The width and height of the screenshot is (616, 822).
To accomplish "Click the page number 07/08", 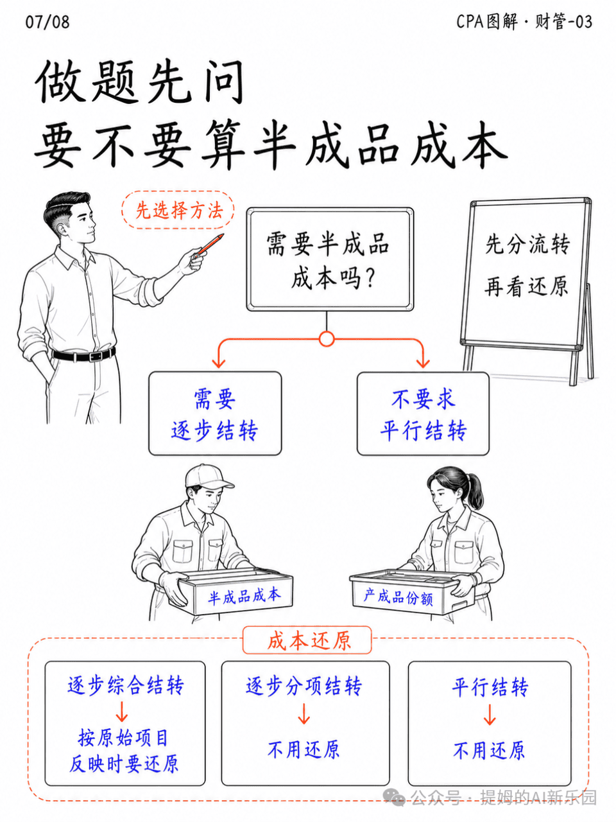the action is [47, 22].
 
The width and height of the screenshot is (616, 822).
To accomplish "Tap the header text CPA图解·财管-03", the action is [524, 21].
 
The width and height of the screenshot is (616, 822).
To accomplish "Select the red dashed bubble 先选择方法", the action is [178, 210].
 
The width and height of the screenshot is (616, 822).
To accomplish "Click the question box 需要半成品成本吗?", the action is [330, 259].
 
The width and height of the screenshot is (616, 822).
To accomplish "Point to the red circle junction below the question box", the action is [327, 339].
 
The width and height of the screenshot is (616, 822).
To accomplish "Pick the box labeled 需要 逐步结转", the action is [215, 413].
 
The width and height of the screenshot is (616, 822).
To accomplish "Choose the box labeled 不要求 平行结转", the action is [423, 413].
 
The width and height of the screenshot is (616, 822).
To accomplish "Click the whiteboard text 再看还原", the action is [527, 286].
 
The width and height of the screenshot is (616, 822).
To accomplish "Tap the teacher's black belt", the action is [83, 354].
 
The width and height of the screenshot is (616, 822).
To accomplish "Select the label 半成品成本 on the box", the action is [244, 596].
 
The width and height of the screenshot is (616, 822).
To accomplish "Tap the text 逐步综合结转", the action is [126, 685].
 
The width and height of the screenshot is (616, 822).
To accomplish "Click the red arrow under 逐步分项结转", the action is [304, 713].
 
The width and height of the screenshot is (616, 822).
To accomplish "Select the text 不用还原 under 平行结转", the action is [489, 750].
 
